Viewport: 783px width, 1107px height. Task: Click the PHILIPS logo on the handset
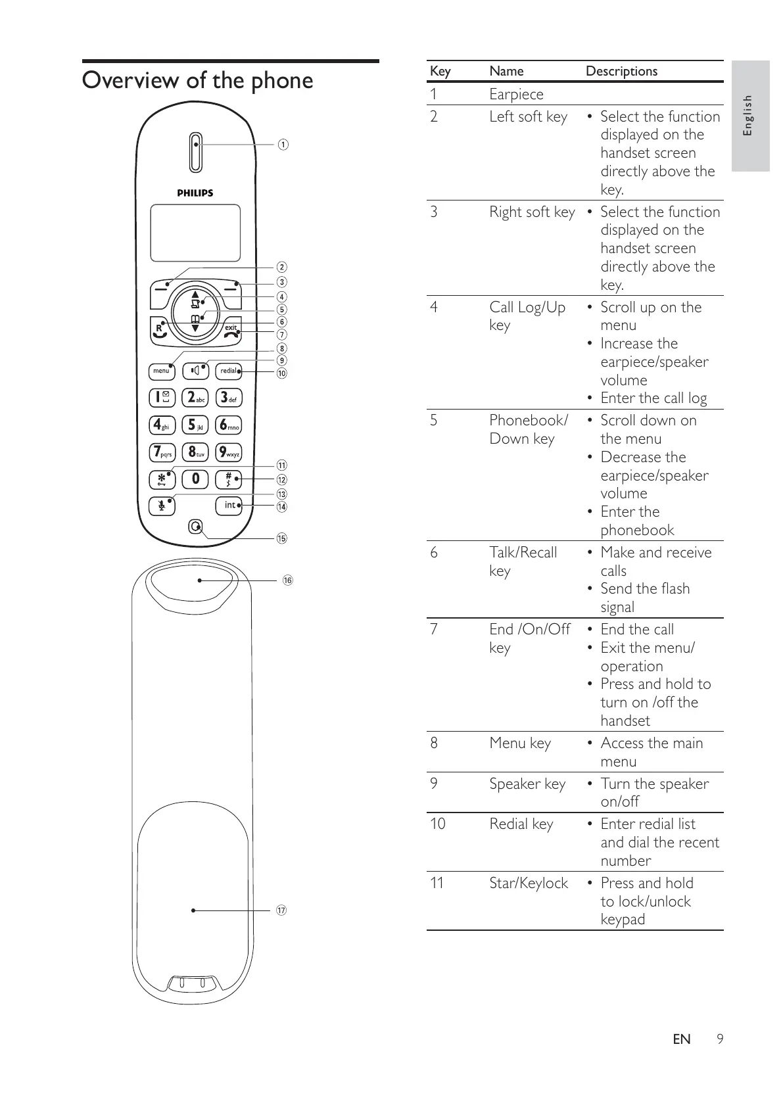coord(195,193)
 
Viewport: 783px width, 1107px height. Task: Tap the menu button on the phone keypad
coord(161,371)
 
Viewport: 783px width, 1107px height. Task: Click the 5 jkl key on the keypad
coord(195,425)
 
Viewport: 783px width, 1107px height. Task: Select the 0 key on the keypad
coord(195,479)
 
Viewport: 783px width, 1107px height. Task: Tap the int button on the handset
coord(229,506)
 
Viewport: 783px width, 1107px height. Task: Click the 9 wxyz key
coord(229,452)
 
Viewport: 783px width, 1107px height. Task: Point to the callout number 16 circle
coord(287,580)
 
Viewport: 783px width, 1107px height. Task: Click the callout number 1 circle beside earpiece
coord(282,145)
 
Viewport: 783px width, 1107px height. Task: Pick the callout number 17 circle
coord(281,910)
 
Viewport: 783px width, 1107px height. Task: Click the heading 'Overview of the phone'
coord(197,81)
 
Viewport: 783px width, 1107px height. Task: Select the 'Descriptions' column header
coord(621,71)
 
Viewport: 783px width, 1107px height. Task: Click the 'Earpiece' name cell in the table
coord(516,94)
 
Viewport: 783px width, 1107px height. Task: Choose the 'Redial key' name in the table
coord(521,824)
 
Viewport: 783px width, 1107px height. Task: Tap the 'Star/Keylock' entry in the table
coord(528,883)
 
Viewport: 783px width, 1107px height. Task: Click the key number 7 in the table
coord(434,629)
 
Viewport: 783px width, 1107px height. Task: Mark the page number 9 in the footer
coord(720,1039)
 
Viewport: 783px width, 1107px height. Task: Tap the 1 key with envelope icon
coord(161,397)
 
